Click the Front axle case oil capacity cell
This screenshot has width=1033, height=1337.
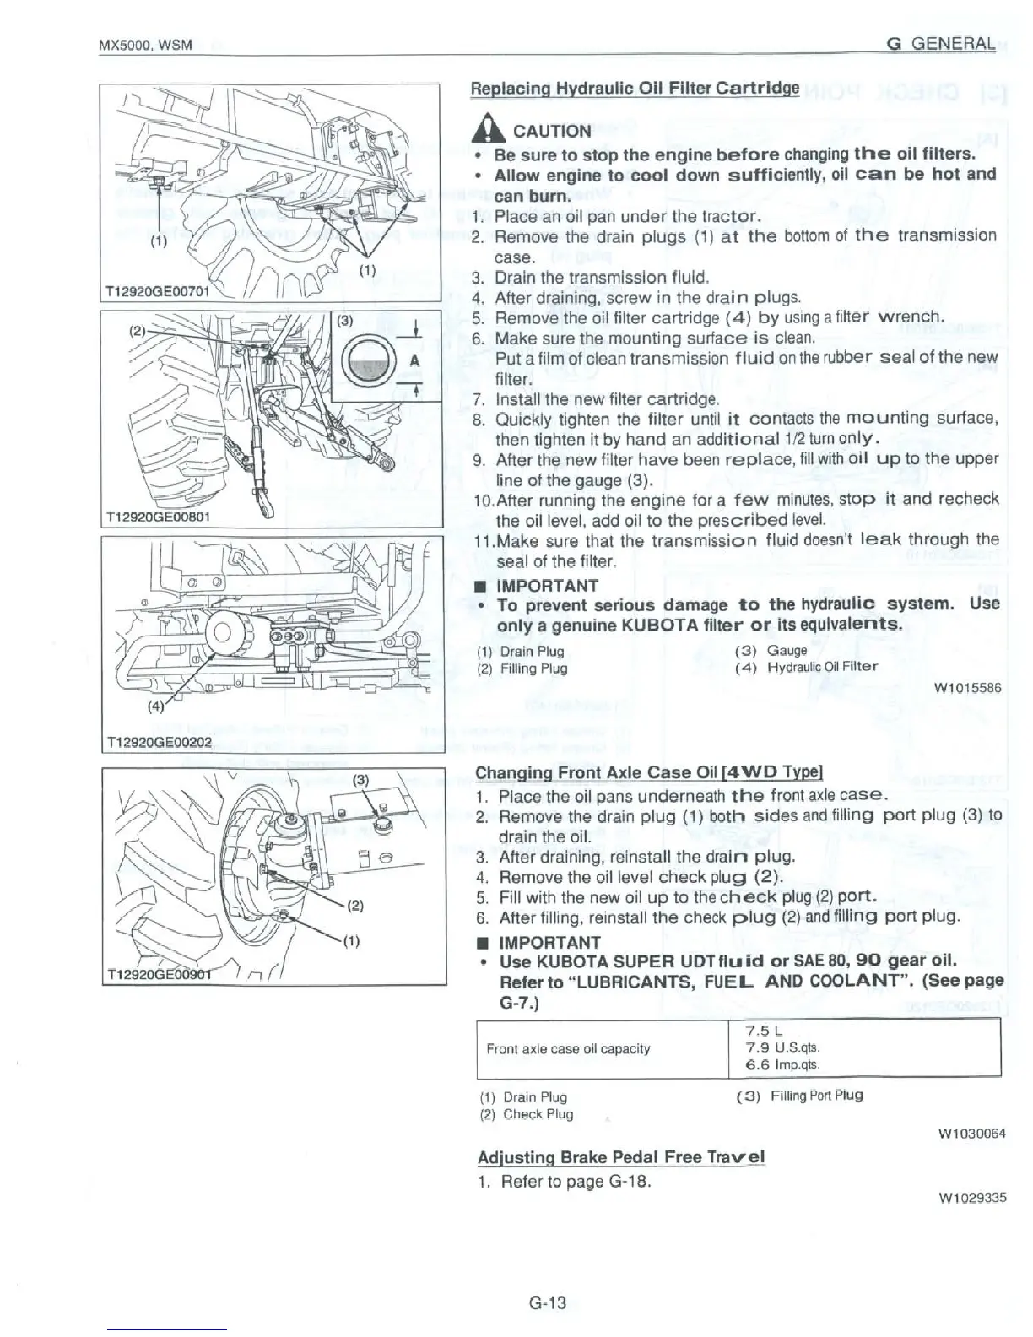(568, 1048)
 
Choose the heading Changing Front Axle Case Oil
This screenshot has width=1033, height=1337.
(649, 773)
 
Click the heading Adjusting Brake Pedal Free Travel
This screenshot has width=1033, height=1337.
(620, 1156)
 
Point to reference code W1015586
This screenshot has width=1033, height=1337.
(968, 688)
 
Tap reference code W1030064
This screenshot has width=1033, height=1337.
(971, 1134)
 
